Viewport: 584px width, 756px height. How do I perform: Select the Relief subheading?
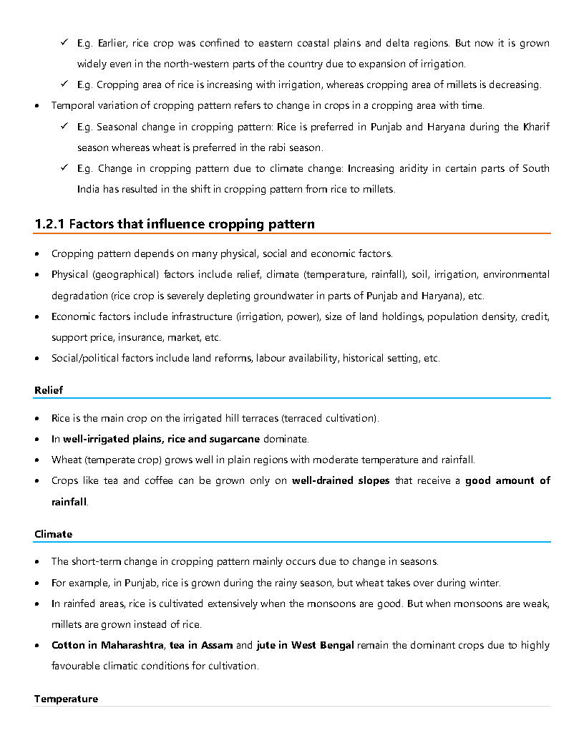(49, 390)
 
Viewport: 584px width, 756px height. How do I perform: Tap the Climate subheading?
(53, 534)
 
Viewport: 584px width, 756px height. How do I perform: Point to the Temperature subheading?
(66, 699)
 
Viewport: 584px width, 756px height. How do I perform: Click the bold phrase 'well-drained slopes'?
(341, 480)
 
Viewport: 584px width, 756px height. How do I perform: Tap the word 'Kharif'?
(535, 127)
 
